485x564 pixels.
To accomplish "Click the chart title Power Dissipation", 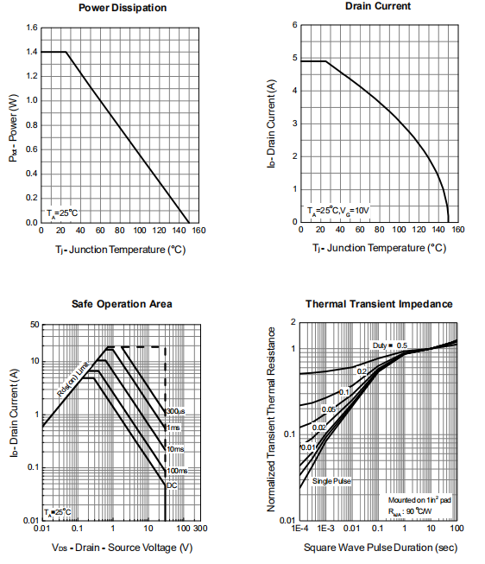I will pyautogui.click(x=123, y=8).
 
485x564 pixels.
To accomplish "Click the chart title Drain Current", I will pyautogui.click(x=377, y=6).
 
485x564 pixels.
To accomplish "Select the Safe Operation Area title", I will pyautogui.click(x=122, y=304).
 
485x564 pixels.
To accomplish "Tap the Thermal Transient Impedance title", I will pyautogui.click(x=379, y=304).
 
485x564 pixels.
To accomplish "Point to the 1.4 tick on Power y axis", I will pyautogui.click(x=31, y=52).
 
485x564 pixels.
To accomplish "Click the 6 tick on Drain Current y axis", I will pyautogui.click(x=294, y=25).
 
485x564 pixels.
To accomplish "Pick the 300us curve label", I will pyautogui.click(x=176, y=411).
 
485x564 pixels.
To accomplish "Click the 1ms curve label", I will pyautogui.click(x=173, y=428).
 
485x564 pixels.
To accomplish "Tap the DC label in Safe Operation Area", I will pyautogui.click(x=172, y=486).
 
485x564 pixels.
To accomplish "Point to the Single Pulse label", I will pyautogui.click(x=331, y=481).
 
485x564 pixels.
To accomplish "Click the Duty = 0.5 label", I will pyautogui.click(x=389, y=345).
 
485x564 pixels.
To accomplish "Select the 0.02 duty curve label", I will pyautogui.click(x=319, y=428).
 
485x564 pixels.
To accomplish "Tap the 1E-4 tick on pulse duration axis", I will pyautogui.click(x=299, y=529).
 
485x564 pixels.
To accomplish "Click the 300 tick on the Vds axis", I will pyautogui.click(x=199, y=529).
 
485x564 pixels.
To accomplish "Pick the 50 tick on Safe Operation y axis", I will pyautogui.click(x=35, y=325).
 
